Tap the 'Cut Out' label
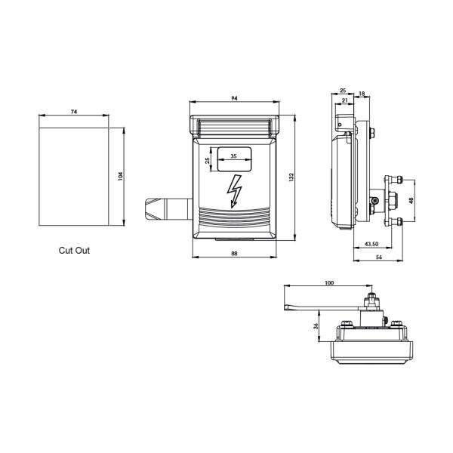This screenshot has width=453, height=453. pos(74,250)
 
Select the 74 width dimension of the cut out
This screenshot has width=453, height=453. pos(73,112)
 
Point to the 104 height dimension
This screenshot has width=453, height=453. pos(122,177)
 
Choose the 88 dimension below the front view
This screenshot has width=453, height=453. pos(234,254)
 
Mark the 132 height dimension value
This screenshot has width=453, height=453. pos(291,177)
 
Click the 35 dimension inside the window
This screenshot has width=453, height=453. pos(233,156)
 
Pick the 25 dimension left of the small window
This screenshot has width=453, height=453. pos(208,160)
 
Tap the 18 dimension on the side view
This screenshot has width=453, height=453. pos(361,94)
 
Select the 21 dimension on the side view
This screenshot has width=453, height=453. pos(344,100)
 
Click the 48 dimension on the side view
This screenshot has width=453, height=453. pos(411,201)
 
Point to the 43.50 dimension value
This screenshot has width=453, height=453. pos(371,245)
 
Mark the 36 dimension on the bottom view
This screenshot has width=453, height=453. pos(316,326)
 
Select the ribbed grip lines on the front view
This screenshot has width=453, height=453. pos(234,219)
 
